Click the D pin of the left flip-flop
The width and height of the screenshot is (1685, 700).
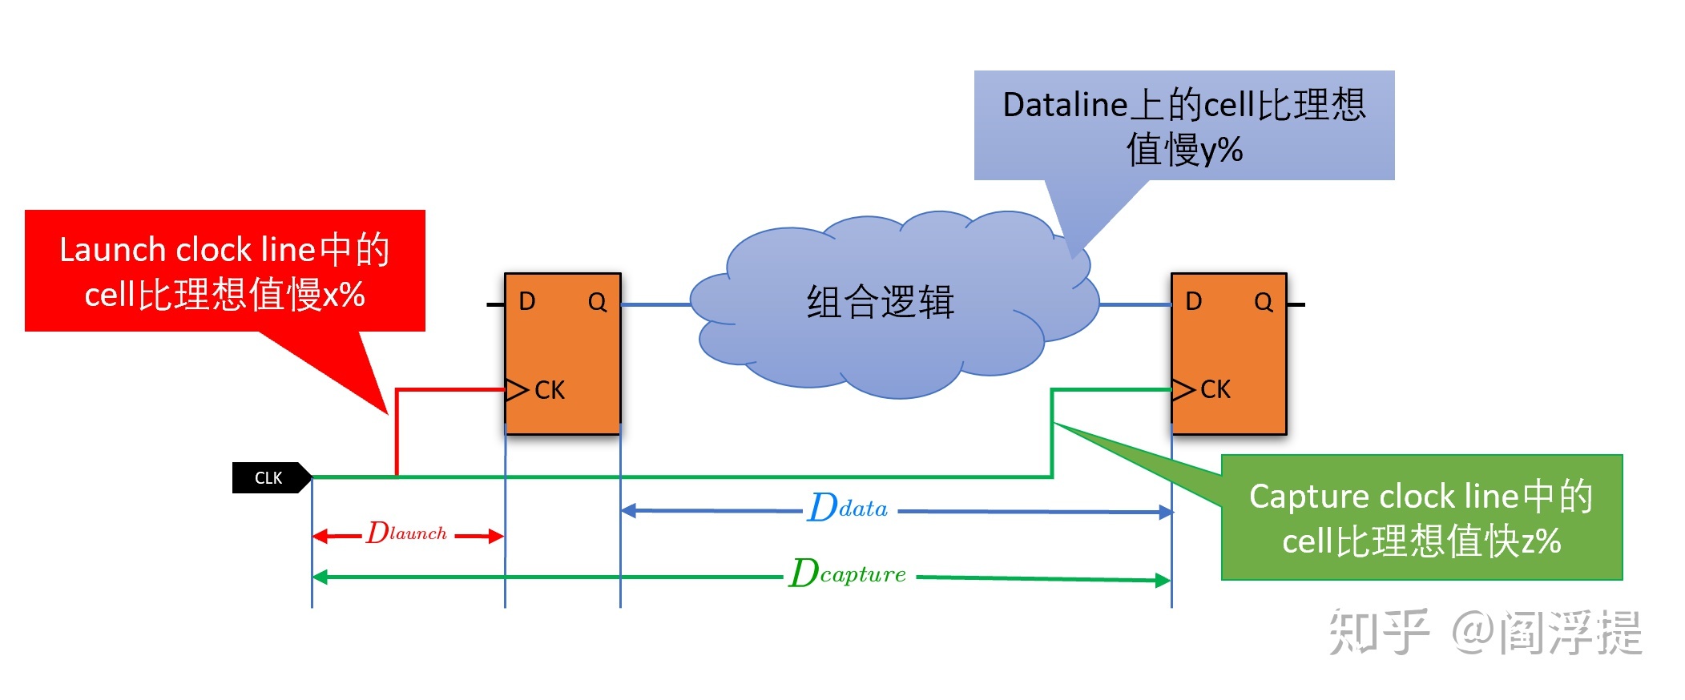(x=526, y=301)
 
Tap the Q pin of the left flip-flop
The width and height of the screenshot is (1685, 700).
(x=597, y=302)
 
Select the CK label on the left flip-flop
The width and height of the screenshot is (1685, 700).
(x=550, y=390)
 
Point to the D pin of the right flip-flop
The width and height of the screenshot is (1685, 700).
(x=1193, y=301)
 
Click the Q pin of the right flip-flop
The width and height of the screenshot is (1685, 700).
(x=1264, y=302)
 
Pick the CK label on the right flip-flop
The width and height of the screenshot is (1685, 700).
(x=1215, y=389)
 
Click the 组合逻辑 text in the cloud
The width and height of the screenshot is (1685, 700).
(x=881, y=303)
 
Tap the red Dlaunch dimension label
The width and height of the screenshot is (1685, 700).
(x=406, y=533)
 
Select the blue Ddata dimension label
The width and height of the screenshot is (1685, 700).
(x=848, y=507)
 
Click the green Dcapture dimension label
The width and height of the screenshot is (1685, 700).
(x=847, y=573)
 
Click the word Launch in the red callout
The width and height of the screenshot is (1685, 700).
(x=113, y=250)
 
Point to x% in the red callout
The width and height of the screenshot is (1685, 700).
(x=345, y=295)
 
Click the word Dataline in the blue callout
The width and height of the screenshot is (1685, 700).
(x=1066, y=105)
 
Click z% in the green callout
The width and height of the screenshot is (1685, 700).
(x=1541, y=541)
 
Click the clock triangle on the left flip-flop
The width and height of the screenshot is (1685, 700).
(x=517, y=390)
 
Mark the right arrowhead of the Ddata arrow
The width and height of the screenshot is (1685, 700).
(x=1166, y=512)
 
